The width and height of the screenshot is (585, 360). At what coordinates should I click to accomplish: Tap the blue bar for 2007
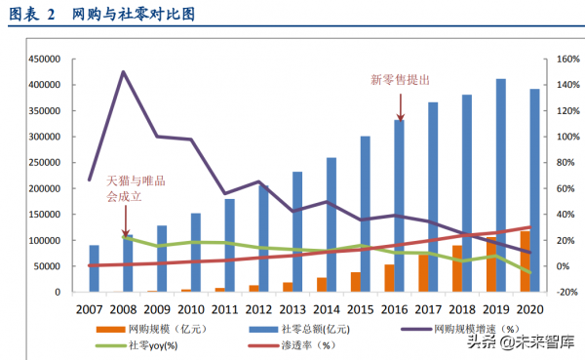click(94, 268)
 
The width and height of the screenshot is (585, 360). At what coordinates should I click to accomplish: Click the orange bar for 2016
click(390, 278)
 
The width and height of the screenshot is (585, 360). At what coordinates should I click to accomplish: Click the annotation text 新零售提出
click(400, 79)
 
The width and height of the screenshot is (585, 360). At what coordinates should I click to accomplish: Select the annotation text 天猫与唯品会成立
click(136, 188)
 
